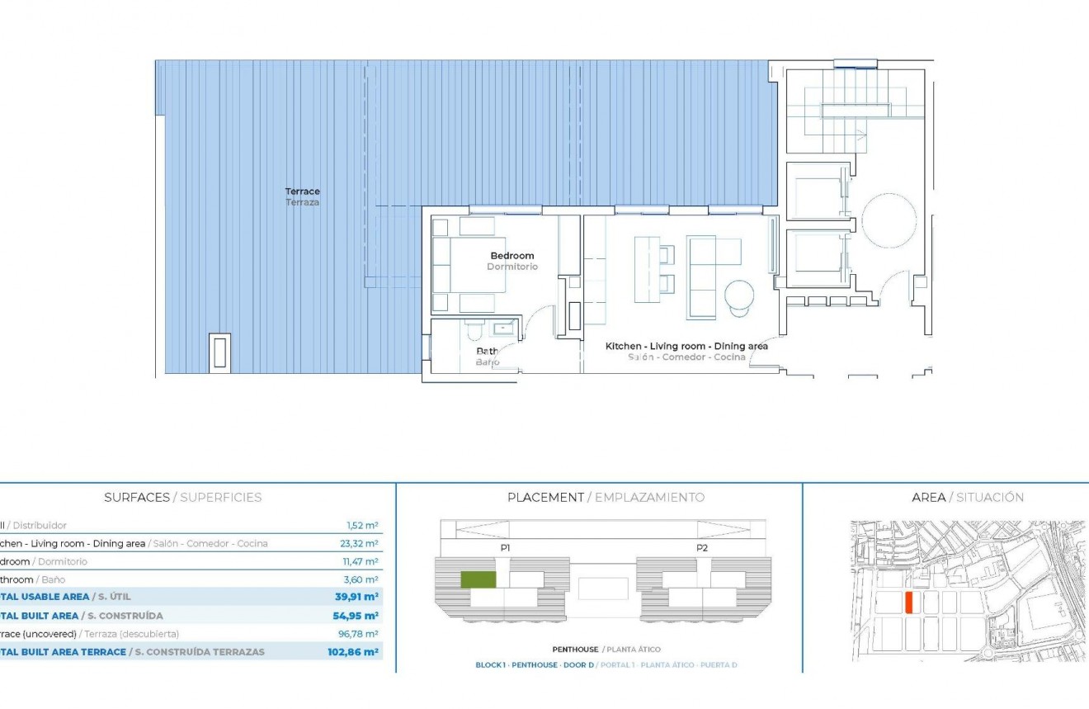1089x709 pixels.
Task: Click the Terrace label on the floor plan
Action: coord(302,191)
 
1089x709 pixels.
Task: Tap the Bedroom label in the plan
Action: coord(511,256)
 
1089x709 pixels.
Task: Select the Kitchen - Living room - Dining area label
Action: coord(686,347)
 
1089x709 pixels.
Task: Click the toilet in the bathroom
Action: coord(474,332)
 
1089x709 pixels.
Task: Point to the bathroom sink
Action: coord(502,329)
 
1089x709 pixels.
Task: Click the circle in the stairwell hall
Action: coord(889,221)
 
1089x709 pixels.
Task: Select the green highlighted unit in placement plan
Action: coord(478,579)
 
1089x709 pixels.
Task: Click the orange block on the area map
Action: coord(908,603)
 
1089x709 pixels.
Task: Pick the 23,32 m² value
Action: coord(361,544)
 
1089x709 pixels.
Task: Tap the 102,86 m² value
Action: coord(353,652)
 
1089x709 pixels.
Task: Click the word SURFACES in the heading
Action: coord(136,498)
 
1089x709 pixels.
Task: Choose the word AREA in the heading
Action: coord(928,498)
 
